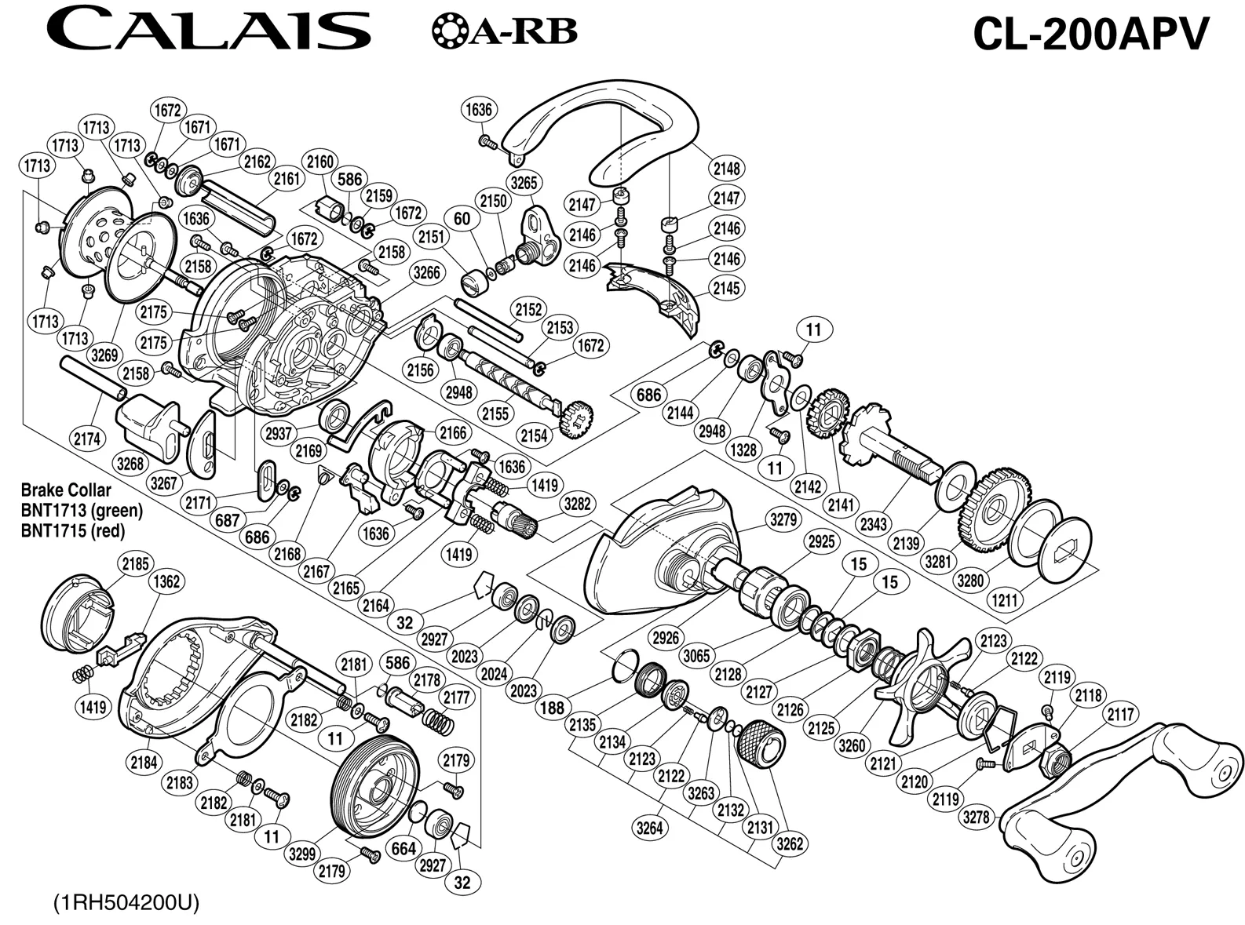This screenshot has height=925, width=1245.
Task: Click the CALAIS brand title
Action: click(x=208, y=31)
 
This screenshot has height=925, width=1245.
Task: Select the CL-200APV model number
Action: click(x=1090, y=34)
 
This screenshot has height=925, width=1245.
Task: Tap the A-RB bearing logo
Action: click(x=504, y=31)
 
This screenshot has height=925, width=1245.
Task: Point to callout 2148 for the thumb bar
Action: click(x=727, y=168)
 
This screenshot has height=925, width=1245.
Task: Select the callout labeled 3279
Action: click(x=783, y=519)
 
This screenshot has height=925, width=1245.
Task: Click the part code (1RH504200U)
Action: click(x=126, y=902)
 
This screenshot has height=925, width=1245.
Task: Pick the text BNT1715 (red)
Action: click(x=73, y=530)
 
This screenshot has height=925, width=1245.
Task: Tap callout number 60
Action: click(x=462, y=219)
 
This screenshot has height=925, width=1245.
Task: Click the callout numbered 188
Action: click(x=553, y=708)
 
